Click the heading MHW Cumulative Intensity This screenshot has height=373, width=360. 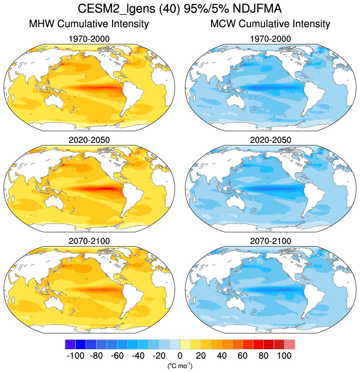tap(89, 24)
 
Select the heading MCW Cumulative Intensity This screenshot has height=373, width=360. tap(270, 24)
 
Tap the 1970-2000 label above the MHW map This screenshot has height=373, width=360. tap(89, 39)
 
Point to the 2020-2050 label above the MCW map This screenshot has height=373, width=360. tap(270, 140)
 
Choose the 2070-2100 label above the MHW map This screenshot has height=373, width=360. tap(89, 241)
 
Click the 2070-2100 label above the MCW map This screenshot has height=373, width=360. tap(270, 241)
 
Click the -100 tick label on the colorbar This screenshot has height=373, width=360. tap(75, 356)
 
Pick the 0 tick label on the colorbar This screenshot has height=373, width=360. tap(180, 356)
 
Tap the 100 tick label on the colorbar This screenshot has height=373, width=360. tap(284, 356)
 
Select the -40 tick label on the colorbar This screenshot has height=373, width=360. tap(138, 356)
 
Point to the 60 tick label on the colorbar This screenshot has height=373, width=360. tap(243, 356)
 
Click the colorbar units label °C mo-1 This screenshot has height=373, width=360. tap(180, 365)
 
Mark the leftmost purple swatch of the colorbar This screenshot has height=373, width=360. tap(70, 345)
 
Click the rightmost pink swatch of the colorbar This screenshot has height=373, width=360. tap(290, 345)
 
